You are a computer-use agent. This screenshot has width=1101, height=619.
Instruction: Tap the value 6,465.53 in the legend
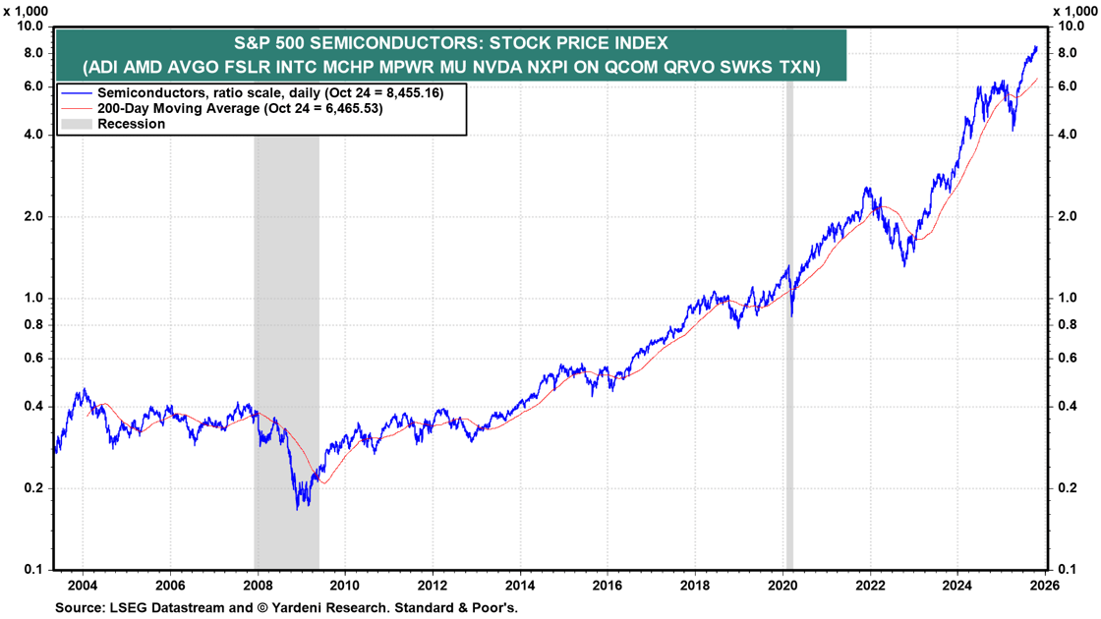pos(344,108)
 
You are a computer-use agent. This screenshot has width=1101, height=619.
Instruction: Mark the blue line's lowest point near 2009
pos(298,508)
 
